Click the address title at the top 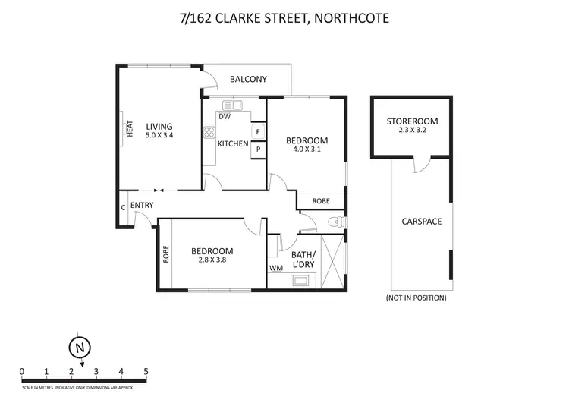coord(284,17)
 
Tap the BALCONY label coord(249,79)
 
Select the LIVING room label coord(159,127)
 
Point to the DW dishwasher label coord(224,116)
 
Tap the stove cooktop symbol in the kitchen coord(209,132)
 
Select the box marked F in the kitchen coord(258,132)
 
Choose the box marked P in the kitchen coord(258,150)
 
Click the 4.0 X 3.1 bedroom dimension coord(307,150)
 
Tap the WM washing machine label coord(276,268)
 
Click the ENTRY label coord(142,206)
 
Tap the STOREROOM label coord(412,121)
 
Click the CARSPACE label coord(421,222)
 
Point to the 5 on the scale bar coord(146,372)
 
